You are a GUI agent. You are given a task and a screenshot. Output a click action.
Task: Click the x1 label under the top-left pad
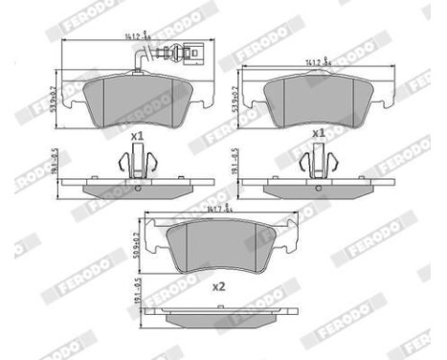[136, 137]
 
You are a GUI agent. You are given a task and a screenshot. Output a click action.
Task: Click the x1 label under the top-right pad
[319, 133]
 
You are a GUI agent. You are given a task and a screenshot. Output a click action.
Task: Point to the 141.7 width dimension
[213, 207]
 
